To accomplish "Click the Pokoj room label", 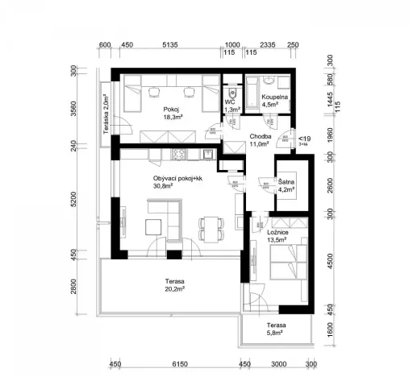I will pyautogui.click(x=169, y=109).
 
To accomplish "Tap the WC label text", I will pyautogui.click(x=230, y=103).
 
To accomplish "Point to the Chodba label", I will pyautogui.click(x=260, y=137).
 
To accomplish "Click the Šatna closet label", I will pyautogui.click(x=287, y=183).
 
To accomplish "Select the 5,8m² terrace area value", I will pyautogui.click(x=278, y=333).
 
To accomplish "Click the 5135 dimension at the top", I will pyautogui.click(x=170, y=45).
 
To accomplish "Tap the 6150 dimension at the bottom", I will pyautogui.click(x=178, y=363).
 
